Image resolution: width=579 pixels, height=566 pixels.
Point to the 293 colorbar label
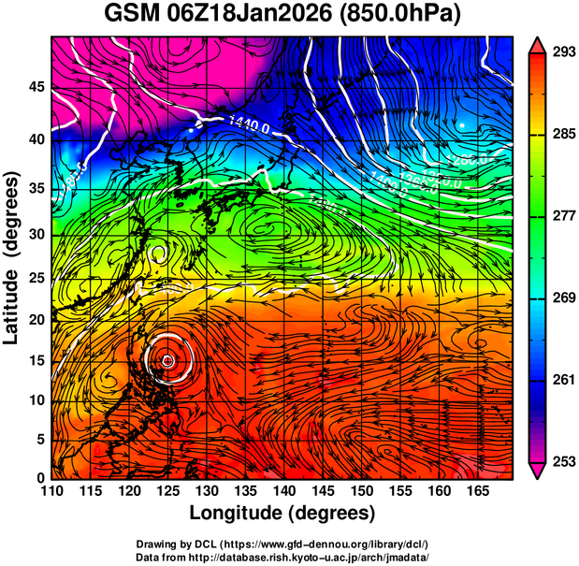562,52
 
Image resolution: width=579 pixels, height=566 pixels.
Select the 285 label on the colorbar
562,135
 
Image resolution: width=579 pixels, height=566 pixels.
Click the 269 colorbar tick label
562,298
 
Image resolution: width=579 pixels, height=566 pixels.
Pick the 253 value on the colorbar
562,461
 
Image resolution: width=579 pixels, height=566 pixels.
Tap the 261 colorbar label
562,380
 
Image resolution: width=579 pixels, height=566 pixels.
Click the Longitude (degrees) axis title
282,513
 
